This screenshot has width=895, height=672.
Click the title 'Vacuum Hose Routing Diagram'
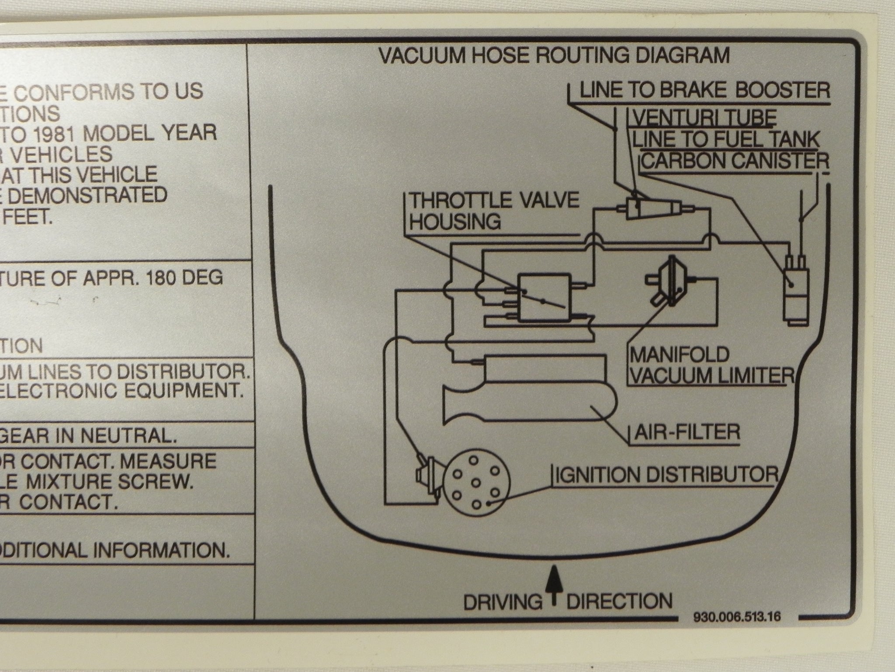pyautogui.click(x=554, y=56)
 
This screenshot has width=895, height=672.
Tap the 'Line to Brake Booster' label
pyautogui.click(x=704, y=91)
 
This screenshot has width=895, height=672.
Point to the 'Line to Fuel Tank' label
pyautogui.click(x=726, y=139)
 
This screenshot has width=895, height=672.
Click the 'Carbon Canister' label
pyautogui.click(x=735, y=161)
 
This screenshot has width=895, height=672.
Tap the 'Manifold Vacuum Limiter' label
pyautogui.click(x=710, y=364)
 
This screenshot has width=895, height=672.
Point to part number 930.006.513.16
pyautogui.click(x=737, y=617)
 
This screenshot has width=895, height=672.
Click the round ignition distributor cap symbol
pyautogui.click(x=476, y=483)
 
